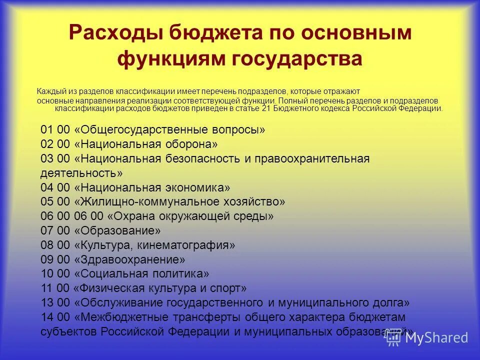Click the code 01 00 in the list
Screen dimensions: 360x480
55,130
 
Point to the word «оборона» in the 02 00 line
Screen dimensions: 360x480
192,144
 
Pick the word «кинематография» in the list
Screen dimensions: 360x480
192,245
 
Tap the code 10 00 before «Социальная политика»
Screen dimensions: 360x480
55,274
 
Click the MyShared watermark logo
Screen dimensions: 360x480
427,337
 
